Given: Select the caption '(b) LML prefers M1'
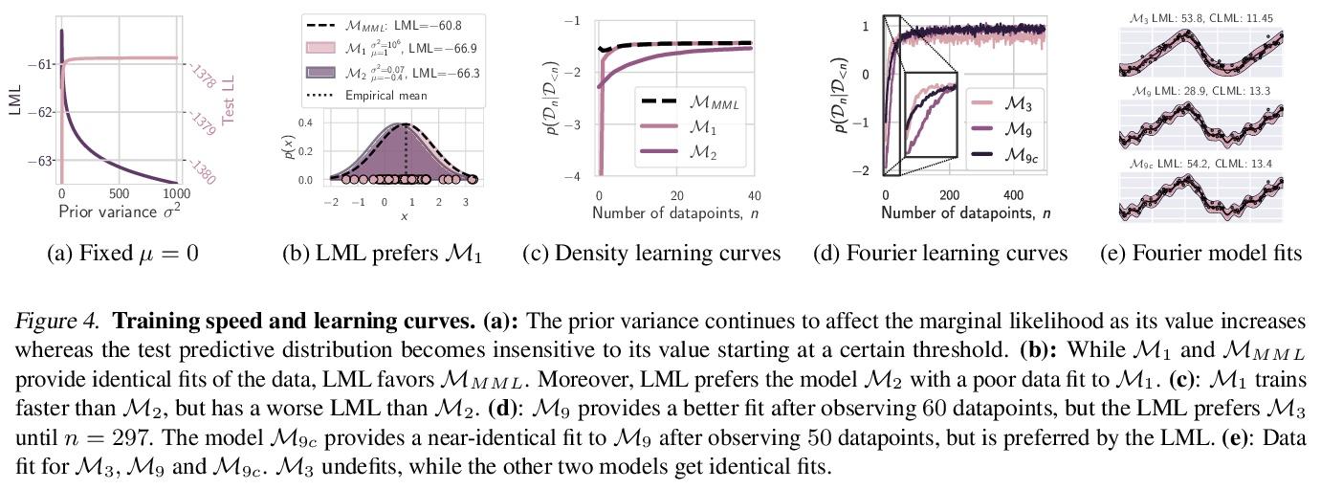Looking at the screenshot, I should pyautogui.click(x=383, y=254).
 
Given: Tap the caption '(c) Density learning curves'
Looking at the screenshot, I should pyautogui.click(x=650, y=254).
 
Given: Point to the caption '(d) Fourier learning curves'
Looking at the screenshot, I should pyautogui.click(x=940, y=254).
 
